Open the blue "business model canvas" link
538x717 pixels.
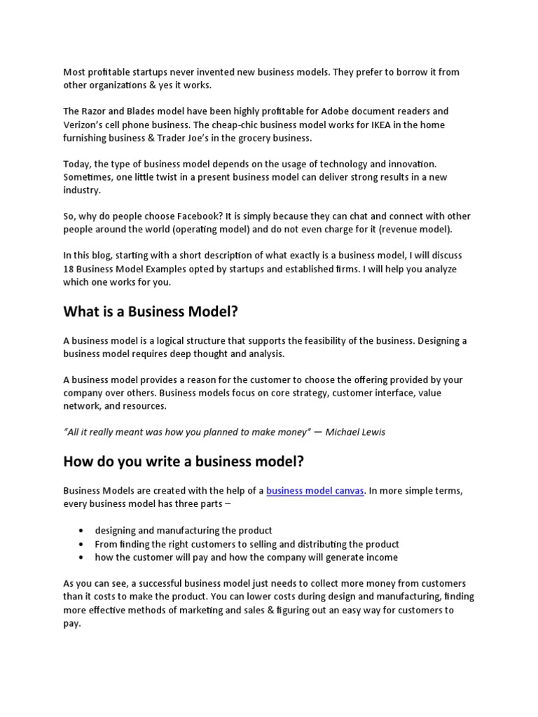point(315,491)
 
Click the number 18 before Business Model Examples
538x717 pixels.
point(69,268)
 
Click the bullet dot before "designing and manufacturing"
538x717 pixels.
point(82,531)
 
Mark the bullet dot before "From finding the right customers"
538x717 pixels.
point(82,544)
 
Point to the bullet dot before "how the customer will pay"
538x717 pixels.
point(82,557)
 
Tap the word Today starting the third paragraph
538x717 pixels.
point(78,164)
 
